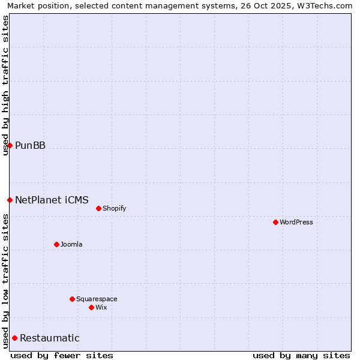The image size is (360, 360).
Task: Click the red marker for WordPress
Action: (x=275, y=222)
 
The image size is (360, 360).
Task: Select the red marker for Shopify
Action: (x=98, y=208)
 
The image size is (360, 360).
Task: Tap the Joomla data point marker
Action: (x=56, y=244)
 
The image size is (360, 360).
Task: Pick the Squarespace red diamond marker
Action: (x=72, y=299)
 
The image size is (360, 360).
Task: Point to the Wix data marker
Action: (x=91, y=307)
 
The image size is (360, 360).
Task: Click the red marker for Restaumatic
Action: (x=14, y=338)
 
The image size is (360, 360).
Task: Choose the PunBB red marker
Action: (x=10, y=145)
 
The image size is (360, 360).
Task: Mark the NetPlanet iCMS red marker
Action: (x=10, y=200)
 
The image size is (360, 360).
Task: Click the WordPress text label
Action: (x=296, y=222)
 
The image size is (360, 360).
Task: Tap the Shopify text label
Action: (x=114, y=208)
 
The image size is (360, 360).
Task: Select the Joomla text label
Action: (x=71, y=244)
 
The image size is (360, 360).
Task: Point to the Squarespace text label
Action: (x=97, y=299)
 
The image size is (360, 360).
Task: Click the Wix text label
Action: (x=101, y=307)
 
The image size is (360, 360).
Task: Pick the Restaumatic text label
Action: (x=49, y=338)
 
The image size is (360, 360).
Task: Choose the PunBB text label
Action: (x=30, y=145)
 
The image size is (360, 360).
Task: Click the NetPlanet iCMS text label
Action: (x=52, y=200)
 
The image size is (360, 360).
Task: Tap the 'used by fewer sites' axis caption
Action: (x=62, y=355)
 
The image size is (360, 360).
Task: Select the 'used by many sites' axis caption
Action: (x=301, y=355)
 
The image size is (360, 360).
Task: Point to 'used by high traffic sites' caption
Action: (x=5, y=85)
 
